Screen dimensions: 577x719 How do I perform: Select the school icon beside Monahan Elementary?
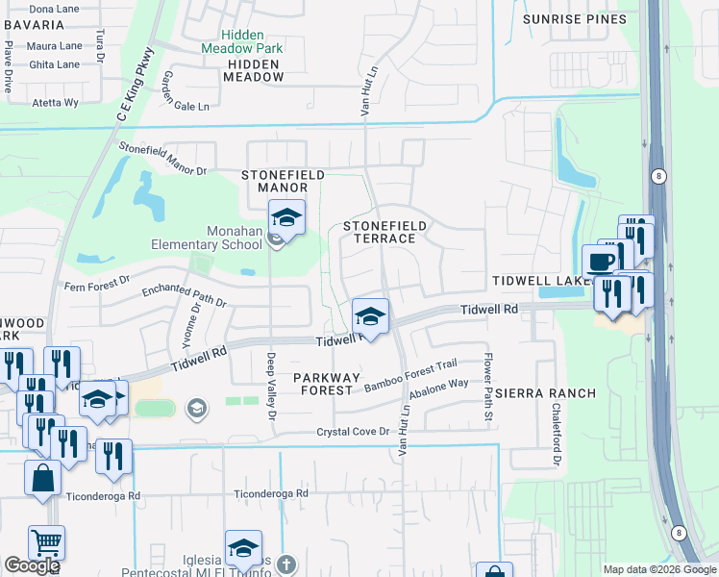[285, 219]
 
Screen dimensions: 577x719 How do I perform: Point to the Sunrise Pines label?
[574, 19]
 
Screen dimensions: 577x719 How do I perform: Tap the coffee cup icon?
[601, 261]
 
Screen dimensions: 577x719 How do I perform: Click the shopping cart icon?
[46, 543]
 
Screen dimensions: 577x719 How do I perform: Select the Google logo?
[32, 565]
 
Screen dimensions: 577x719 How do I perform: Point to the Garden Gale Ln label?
[185, 91]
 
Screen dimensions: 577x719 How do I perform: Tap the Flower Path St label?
[488, 391]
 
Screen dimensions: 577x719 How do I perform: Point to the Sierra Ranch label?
[546, 394]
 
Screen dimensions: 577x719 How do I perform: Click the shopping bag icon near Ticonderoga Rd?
[43, 478]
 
